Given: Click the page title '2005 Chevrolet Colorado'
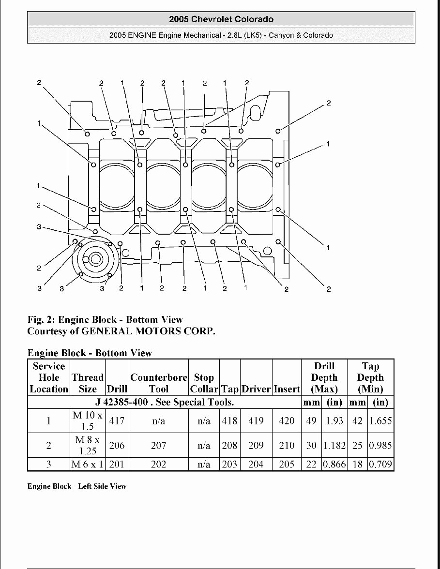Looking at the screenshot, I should [221, 19].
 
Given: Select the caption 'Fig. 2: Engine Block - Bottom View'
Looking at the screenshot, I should [105, 320].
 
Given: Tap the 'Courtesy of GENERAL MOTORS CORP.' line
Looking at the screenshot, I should [121, 331].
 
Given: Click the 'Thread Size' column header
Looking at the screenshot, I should [88, 383].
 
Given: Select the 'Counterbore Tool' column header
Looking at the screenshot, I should [158, 383].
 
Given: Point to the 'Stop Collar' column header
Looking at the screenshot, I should [204, 383].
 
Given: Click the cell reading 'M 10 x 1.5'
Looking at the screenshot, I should [88, 421].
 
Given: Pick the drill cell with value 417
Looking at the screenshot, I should [117, 421].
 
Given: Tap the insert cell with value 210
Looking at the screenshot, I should [287, 446].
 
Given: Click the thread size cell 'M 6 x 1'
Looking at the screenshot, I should [88, 464].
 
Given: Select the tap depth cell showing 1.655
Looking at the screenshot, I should [380, 421].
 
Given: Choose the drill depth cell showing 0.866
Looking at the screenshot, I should [334, 464].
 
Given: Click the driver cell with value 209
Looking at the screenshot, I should [256, 446].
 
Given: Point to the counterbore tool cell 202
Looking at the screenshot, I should [158, 464].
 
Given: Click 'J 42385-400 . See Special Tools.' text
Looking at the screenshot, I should [165, 402].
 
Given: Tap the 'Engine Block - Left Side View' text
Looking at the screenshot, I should [76, 486].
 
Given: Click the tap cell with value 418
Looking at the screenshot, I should [229, 421].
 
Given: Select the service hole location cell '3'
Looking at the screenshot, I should [48, 464].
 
